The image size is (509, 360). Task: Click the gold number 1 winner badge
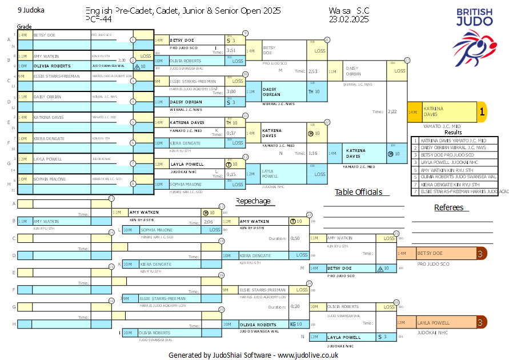tap(481, 113)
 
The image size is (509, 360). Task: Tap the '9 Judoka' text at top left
tap(31, 10)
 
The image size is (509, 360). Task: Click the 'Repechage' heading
tap(253, 201)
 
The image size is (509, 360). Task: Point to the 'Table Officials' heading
tap(358, 192)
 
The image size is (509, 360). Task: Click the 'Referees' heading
tap(448, 207)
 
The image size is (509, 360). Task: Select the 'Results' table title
tap(453, 133)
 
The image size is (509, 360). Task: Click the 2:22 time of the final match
tap(392, 112)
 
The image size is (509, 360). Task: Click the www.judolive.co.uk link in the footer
tap(308, 355)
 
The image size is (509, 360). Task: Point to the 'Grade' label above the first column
tap(24, 27)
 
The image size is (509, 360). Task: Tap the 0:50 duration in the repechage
tap(295, 238)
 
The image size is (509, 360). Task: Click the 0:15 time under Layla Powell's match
tap(231, 174)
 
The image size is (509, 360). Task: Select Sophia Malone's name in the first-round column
tap(49, 179)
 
